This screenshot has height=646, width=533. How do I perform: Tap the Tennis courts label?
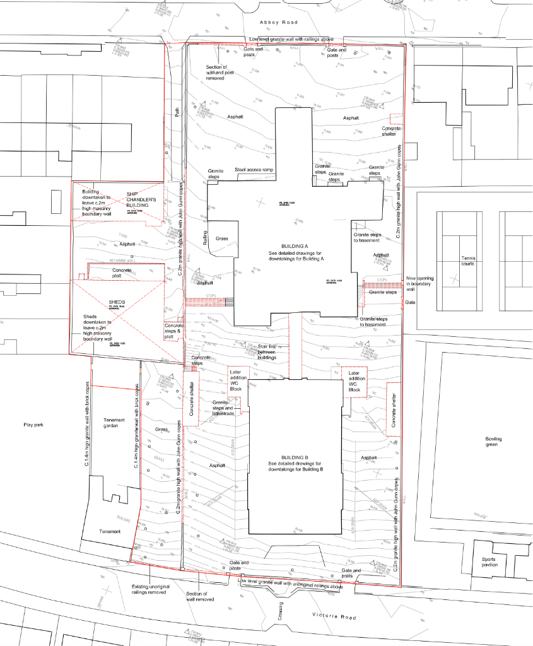point(467,261)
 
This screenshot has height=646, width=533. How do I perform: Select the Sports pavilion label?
point(489,561)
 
